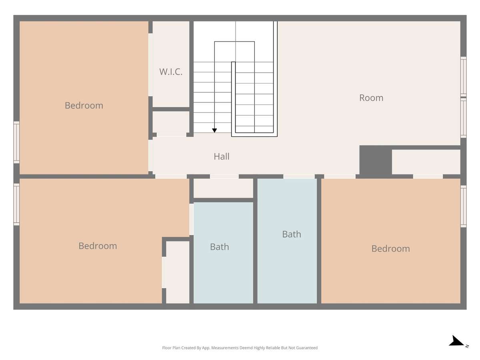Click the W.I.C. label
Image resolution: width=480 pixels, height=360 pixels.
[x=170, y=72]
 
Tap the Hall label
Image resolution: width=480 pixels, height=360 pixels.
[x=222, y=156]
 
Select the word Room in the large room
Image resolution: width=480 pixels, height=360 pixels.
[x=371, y=98]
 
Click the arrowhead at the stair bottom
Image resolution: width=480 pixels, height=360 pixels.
[x=214, y=130]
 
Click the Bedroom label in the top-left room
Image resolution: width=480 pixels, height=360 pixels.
[x=84, y=106]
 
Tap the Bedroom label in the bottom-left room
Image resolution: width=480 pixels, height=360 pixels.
[x=98, y=246]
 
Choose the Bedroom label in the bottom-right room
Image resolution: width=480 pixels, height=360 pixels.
[x=390, y=249]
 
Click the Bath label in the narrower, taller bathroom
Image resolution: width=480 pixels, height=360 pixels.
[x=292, y=234]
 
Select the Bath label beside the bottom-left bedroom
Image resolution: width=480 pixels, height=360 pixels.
[x=219, y=247]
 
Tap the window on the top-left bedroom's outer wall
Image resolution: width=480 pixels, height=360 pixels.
[x=17, y=142]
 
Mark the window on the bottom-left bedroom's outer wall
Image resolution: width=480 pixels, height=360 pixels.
[x=17, y=204]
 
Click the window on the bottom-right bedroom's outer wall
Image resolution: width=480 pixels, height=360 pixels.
[x=463, y=206]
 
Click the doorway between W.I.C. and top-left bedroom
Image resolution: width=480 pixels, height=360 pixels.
[x=150, y=65]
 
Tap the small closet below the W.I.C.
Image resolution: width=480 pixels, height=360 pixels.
[x=171, y=122]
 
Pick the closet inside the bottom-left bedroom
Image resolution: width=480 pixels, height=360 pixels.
[x=178, y=272]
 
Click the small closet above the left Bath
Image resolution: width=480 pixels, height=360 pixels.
[x=223, y=188]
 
